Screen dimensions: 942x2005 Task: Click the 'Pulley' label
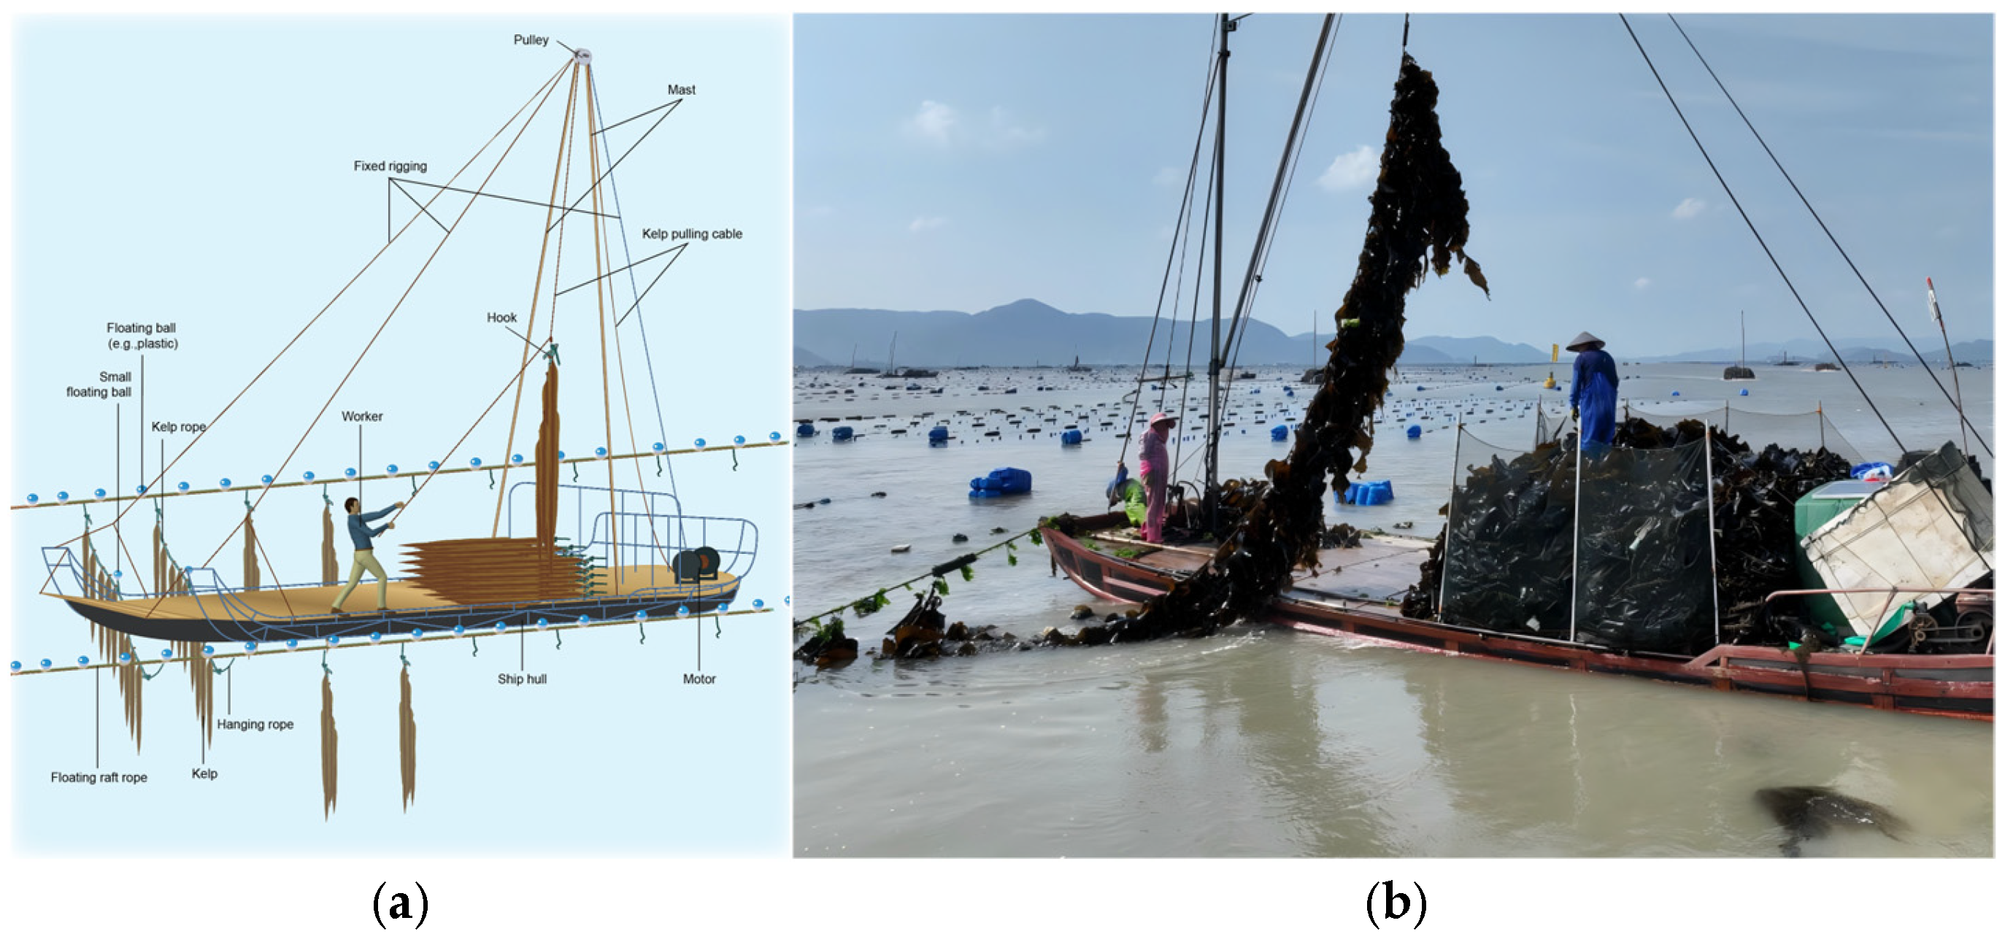531,39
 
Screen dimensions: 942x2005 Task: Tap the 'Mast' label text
681,90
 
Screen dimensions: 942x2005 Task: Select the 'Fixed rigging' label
390,166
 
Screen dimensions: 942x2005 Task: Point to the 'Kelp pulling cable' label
691,233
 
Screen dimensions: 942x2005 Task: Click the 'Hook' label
501,317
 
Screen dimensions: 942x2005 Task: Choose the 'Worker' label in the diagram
362,416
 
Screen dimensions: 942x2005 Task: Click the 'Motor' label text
699,679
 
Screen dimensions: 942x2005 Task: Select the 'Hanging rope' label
255,725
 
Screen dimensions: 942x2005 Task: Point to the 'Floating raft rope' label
99,777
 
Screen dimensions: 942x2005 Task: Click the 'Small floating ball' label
99,385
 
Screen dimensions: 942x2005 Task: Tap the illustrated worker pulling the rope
364,552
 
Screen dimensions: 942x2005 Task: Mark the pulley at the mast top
582,55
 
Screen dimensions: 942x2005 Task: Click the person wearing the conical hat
1593,393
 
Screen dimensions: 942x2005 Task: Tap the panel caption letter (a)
400,903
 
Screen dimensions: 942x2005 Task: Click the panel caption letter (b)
1396,903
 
